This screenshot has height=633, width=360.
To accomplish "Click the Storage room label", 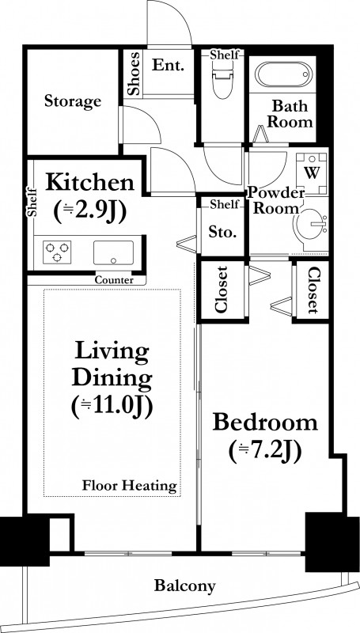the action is pos(73,101).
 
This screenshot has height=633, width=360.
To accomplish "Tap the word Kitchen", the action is pos(89,183).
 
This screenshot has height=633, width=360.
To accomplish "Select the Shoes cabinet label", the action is pos(134,74).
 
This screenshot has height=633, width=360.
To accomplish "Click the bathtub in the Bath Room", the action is pos(284,74).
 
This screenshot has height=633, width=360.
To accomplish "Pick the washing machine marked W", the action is pos(312,173).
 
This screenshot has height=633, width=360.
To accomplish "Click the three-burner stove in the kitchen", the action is pos(57,252).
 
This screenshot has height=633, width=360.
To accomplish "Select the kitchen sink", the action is pos(113,252).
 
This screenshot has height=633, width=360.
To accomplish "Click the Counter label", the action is pos(114,280).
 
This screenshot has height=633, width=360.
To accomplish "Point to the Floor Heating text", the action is pos(130,485).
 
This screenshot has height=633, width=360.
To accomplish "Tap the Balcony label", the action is pos(185,586).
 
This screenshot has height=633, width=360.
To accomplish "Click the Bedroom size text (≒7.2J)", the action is pos(265,453).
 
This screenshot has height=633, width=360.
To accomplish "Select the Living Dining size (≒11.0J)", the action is pos(112,407).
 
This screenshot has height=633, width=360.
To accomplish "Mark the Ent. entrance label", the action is pos(168,65).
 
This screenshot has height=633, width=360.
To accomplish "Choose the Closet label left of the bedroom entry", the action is pos(222,290).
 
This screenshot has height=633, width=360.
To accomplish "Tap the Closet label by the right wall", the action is pos(313,290).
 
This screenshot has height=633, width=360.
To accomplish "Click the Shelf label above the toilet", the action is pos(225,55).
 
